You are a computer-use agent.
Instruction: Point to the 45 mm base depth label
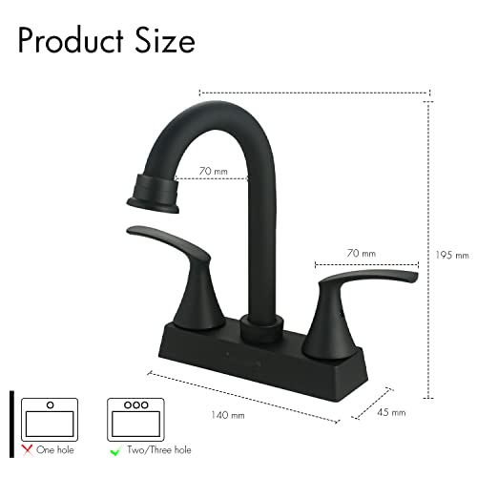click(x=391, y=412)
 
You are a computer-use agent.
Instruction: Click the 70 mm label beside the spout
click(x=214, y=172)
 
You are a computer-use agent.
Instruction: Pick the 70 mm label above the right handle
click(x=362, y=253)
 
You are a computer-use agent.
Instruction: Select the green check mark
click(x=114, y=450)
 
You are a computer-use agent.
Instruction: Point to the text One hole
click(x=55, y=450)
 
